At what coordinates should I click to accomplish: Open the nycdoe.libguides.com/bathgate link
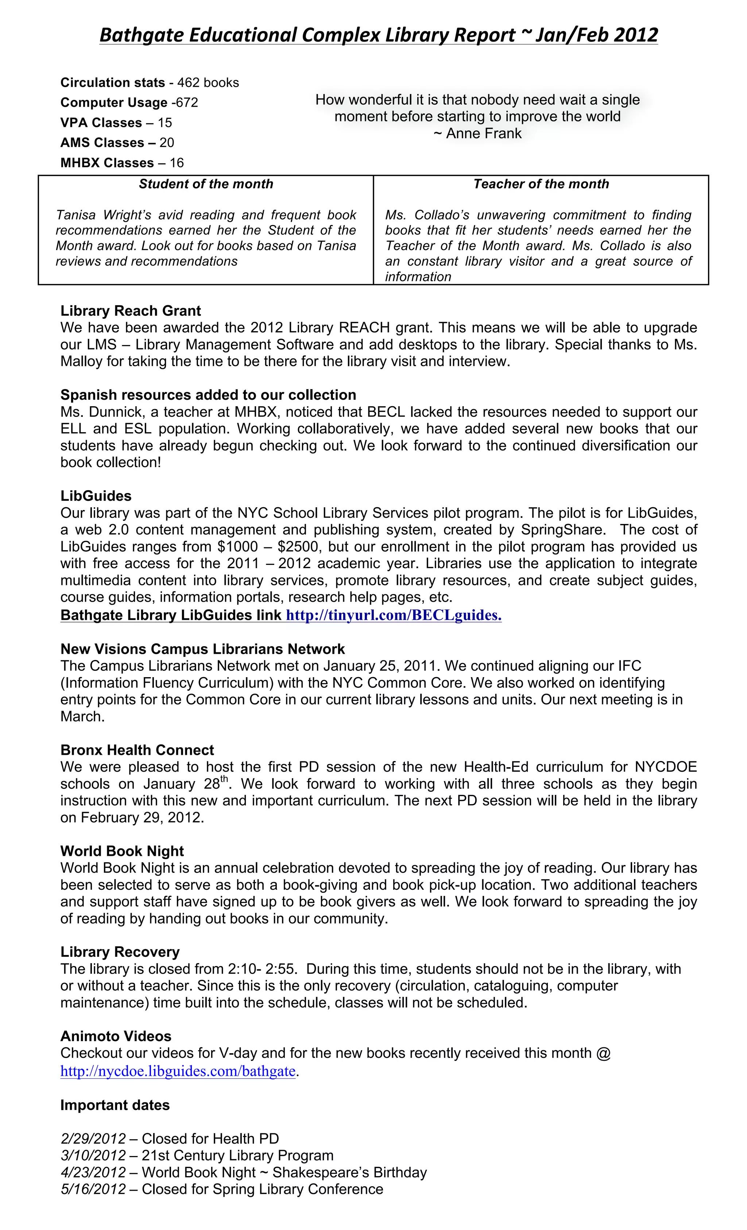(178, 1071)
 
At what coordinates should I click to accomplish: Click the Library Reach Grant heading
(130, 311)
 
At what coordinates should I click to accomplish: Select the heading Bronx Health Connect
(137, 750)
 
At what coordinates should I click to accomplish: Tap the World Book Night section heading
(122, 851)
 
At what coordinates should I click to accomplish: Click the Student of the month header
(206, 184)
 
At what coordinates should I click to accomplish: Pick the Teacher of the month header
(541, 184)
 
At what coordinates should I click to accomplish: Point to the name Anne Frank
(483, 134)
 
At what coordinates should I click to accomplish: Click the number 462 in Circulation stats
(188, 83)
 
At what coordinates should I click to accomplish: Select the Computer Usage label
(113, 103)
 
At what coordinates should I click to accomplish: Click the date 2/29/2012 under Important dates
(93, 1138)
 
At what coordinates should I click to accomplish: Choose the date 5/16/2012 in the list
(93, 1189)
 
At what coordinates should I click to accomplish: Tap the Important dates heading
(115, 1105)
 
